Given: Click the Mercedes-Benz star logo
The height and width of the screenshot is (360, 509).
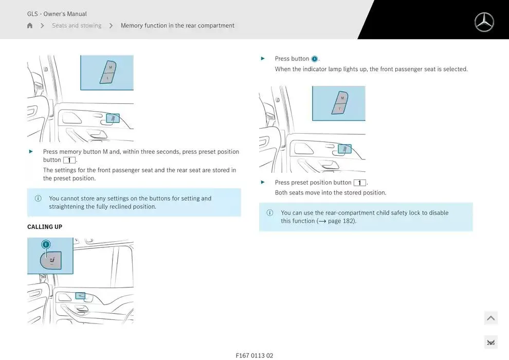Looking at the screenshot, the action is (484, 22).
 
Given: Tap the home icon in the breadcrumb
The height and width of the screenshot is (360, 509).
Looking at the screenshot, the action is (29, 25).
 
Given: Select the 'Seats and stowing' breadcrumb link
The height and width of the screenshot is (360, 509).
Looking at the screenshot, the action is (77, 25).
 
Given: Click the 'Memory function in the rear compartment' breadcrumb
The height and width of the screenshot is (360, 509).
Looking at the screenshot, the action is (177, 25).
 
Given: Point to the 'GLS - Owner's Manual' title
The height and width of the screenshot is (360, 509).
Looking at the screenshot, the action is (57, 14).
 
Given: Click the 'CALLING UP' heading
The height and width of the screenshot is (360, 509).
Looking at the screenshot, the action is (45, 227).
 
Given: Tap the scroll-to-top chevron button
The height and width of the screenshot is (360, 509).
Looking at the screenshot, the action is (491, 318).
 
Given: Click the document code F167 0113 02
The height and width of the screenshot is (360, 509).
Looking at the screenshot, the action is (254, 355).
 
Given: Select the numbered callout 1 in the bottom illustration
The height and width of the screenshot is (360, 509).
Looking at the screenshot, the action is (46, 244).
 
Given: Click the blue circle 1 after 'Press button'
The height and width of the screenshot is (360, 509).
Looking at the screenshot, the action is (314, 59).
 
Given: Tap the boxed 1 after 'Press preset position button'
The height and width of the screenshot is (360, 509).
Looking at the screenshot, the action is (360, 183).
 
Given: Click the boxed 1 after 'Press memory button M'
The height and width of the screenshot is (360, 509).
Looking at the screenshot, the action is (69, 160).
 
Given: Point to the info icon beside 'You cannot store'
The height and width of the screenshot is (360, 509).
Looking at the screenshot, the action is (38, 199).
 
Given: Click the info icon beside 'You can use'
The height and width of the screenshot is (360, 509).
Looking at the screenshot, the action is (270, 212).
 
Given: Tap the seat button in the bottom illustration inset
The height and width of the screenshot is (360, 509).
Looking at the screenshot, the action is (51, 260).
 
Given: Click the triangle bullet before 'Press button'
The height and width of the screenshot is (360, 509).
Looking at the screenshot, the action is (263, 59).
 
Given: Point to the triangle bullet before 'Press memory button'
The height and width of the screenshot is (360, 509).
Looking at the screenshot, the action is (31, 151).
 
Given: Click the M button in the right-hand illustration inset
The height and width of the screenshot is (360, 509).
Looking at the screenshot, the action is (342, 98).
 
